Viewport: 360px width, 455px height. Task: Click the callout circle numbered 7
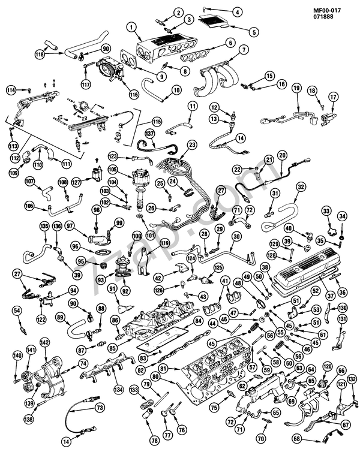(x=244, y=49)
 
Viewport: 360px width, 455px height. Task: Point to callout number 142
(x=44, y=342)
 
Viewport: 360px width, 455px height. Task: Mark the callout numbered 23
(x=192, y=144)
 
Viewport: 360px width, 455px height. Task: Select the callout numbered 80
(x=155, y=376)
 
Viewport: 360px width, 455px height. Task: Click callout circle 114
(x=10, y=90)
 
